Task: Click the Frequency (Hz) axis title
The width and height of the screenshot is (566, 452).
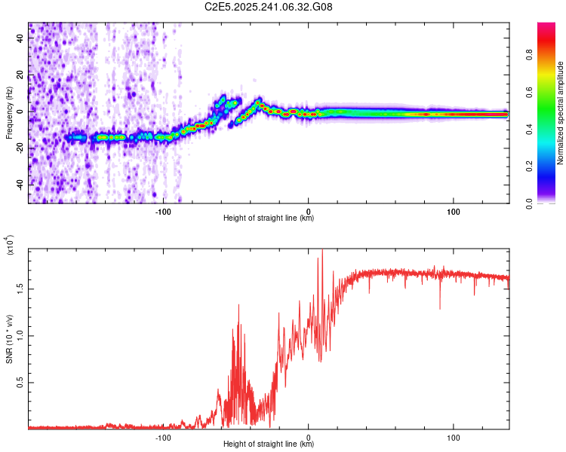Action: [9, 113]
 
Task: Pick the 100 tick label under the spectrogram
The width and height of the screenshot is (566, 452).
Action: [454, 211]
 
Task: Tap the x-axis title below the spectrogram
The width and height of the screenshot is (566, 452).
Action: [269, 218]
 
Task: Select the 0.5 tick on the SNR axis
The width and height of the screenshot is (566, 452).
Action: [20, 383]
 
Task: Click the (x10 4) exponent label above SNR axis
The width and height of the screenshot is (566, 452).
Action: [10, 246]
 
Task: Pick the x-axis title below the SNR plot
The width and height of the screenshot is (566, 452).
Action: [269, 444]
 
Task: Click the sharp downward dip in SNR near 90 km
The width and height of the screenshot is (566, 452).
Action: [440, 308]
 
